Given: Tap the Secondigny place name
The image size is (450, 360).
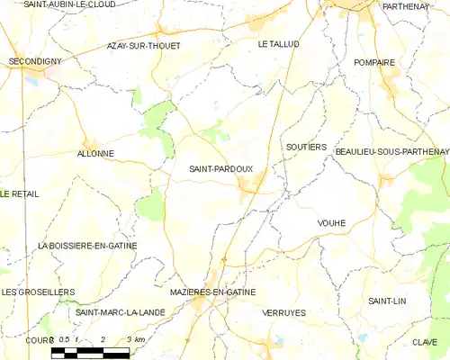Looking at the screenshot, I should [x=35, y=61].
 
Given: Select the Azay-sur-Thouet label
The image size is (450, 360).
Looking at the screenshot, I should [x=143, y=45].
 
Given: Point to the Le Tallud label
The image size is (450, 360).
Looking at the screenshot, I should [x=278, y=43].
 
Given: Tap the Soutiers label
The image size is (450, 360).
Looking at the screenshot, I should [x=306, y=147].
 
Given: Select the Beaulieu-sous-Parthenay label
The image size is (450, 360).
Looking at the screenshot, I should [x=391, y=152].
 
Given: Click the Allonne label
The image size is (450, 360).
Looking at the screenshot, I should [x=97, y=154].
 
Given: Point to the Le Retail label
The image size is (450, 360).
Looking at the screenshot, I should [x=19, y=193].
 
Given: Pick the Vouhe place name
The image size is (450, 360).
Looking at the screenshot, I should [x=331, y=222].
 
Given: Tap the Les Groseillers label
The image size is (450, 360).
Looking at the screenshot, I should [x=38, y=292].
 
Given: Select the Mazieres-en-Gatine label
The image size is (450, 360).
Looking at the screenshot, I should [x=212, y=292].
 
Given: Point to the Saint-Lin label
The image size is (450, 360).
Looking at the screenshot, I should [x=387, y=301].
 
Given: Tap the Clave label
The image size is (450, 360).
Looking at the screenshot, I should [x=425, y=342].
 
